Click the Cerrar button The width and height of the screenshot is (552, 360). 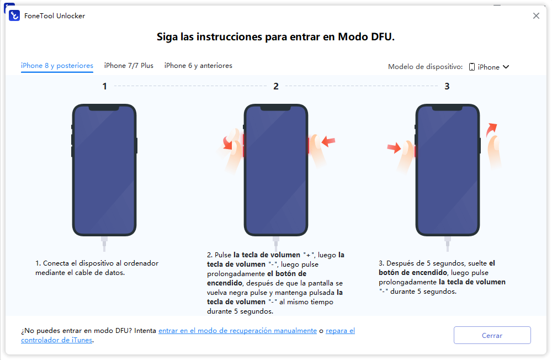[492, 335]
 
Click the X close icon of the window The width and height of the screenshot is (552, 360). [536, 16]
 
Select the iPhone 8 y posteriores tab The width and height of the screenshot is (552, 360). [57, 66]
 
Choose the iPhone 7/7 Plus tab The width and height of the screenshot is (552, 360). [129, 66]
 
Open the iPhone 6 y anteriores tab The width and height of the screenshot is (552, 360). [198, 66]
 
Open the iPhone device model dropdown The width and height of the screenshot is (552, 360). [489, 67]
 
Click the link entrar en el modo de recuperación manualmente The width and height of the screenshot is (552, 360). [237, 331]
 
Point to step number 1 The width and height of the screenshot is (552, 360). [104, 86]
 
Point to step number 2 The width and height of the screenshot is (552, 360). [276, 86]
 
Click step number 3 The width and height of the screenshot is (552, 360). [447, 86]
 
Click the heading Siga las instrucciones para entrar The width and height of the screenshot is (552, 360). [276, 37]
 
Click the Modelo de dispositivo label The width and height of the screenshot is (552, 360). [425, 67]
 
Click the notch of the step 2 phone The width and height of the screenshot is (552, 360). [276, 109]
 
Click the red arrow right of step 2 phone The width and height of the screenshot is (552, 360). [328, 142]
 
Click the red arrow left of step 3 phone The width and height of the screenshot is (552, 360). [394, 148]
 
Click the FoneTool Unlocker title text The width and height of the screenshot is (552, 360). [55, 16]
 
